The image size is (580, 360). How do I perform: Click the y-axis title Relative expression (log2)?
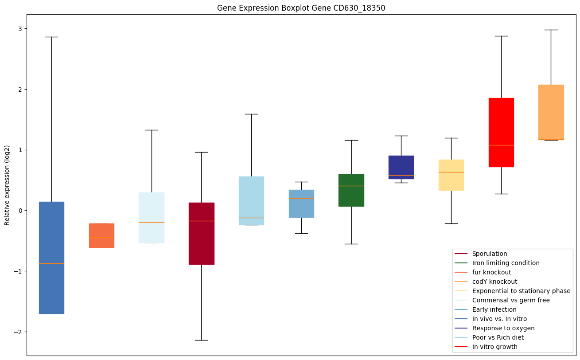point(7,185)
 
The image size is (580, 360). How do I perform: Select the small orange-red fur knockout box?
point(101,235)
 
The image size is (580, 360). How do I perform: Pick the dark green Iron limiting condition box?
point(351,190)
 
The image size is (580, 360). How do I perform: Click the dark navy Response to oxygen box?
point(401,167)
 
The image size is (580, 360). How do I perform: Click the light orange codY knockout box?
point(551,112)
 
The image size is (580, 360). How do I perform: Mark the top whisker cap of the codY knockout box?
point(551,30)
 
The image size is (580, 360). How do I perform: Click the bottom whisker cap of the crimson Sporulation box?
point(202,340)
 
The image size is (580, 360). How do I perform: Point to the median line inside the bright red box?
point(501,145)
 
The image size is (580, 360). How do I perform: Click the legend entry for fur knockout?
point(491,272)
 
